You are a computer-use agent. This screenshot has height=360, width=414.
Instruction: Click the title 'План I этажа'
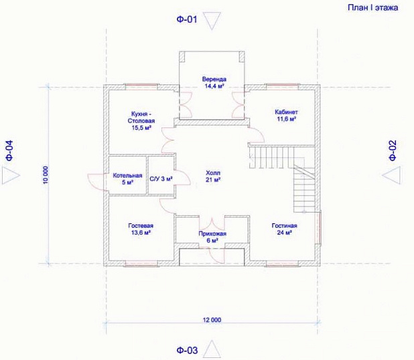(x=373, y=7)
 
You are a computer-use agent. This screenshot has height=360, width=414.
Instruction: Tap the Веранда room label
(x=214, y=82)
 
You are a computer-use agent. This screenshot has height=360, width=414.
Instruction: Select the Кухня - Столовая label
(x=141, y=121)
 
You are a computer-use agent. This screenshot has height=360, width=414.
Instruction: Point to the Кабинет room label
(x=286, y=115)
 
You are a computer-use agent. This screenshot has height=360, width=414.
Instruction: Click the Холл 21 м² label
(x=213, y=176)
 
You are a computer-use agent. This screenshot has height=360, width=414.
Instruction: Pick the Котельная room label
(x=127, y=179)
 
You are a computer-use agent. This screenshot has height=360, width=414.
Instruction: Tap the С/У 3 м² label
(x=161, y=179)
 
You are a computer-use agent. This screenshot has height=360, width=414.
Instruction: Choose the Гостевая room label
(x=141, y=229)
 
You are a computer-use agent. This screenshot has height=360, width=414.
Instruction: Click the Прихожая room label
(x=212, y=237)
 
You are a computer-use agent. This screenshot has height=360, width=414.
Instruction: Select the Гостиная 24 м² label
(x=284, y=229)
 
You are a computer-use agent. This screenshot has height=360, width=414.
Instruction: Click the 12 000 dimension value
(x=212, y=320)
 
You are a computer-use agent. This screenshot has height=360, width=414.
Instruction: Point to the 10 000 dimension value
(x=46, y=175)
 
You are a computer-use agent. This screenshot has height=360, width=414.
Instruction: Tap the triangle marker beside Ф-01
(x=212, y=21)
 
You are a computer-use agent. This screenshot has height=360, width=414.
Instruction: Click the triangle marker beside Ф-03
(x=212, y=349)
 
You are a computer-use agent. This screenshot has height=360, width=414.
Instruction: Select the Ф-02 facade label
(x=393, y=150)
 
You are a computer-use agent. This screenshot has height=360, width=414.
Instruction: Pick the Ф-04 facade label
(x=9, y=150)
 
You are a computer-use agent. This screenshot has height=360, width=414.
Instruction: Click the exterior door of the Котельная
(x=98, y=182)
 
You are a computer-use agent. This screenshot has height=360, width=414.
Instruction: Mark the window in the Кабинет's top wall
(x=282, y=86)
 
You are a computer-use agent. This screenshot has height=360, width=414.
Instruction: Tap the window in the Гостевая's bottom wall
(x=141, y=263)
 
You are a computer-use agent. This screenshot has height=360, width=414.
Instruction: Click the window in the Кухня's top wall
(x=141, y=86)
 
